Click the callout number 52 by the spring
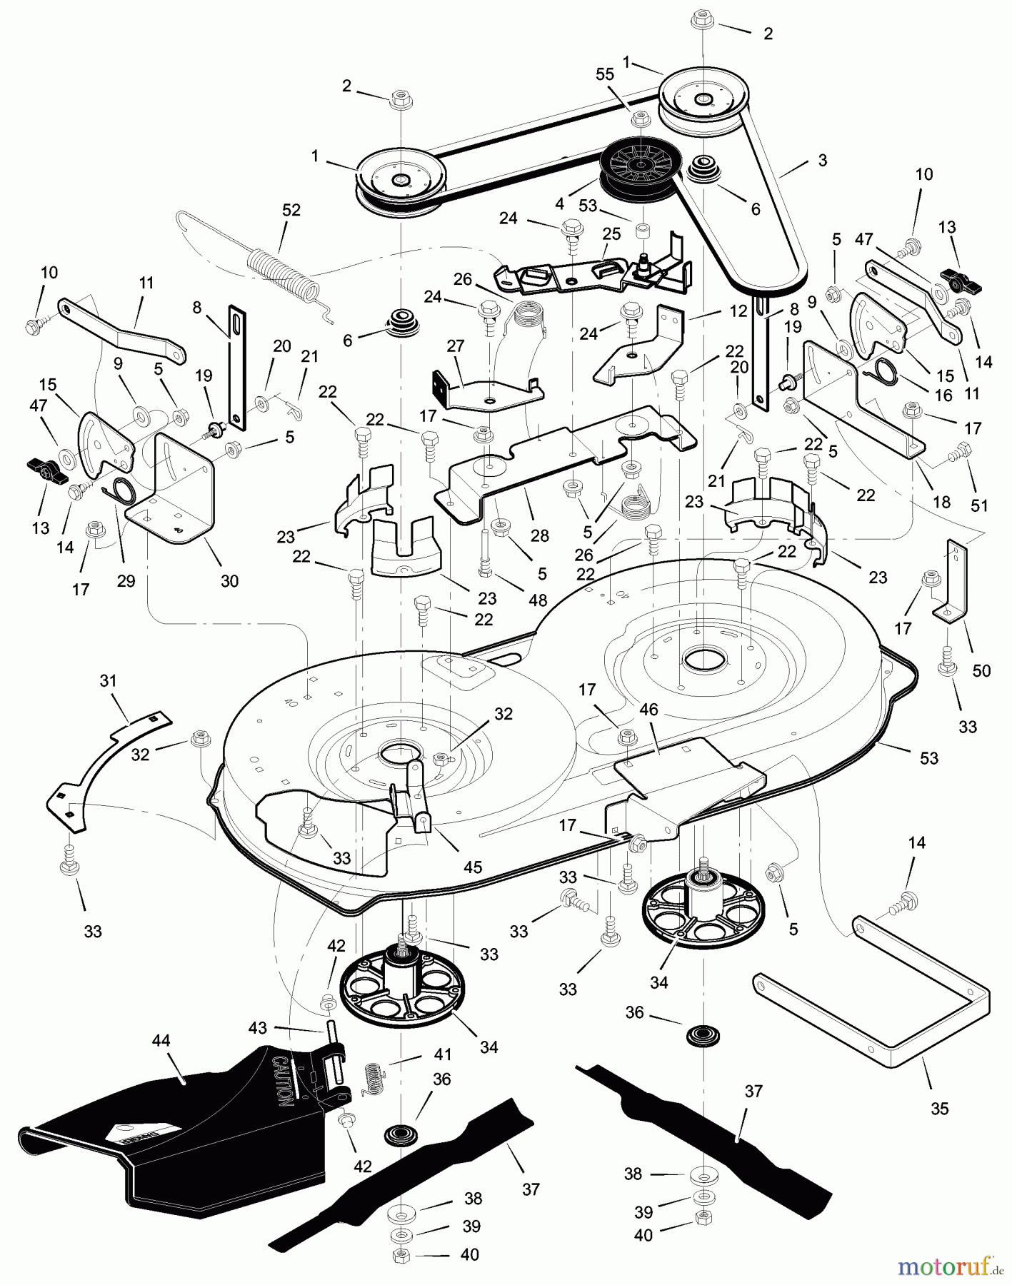(x=291, y=210)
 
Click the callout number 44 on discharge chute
(x=161, y=1041)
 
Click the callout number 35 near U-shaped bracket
(x=940, y=1108)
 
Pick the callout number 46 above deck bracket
(x=649, y=710)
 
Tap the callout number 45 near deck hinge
(x=473, y=867)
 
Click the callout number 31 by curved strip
(x=108, y=681)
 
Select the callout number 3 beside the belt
(x=823, y=161)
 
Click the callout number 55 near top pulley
(x=605, y=74)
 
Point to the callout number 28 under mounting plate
(x=540, y=535)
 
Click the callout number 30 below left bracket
(x=229, y=581)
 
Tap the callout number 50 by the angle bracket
(x=982, y=671)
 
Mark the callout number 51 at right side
(x=979, y=505)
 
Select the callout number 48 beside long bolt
(x=538, y=600)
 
